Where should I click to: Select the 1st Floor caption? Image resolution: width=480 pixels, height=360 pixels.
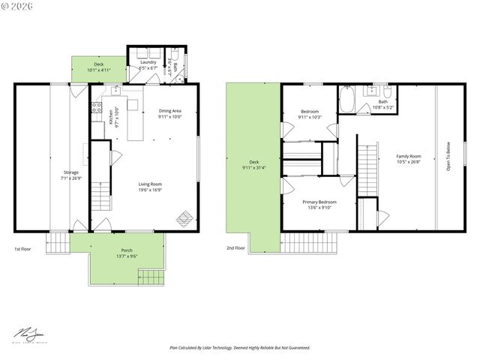pyautogui.click(x=22, y=248)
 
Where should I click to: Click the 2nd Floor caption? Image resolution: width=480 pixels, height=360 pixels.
pyautogui.click(x=235, y=247)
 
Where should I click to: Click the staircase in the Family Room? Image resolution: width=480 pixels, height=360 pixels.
pyautogui.click(x=368, y=169)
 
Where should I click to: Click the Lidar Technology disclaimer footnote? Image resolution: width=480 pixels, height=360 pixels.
pyautogui.click(x=239, y=348)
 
